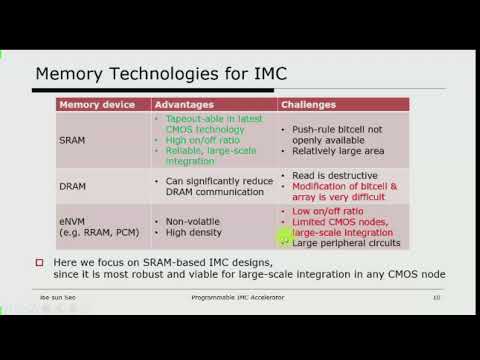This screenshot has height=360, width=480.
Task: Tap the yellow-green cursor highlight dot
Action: [x=285, y=237]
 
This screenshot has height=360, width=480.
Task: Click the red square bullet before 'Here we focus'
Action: [x=40, y=261]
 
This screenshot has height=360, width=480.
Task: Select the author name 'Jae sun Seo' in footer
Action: [x=55, y=298]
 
